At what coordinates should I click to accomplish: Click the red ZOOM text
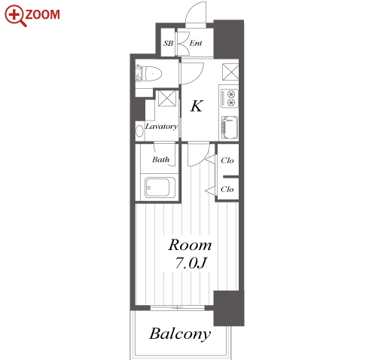(x=42, y=14)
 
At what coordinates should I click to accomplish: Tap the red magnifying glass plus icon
(x=15, y=16)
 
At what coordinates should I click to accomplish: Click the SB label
(x=168, y=44)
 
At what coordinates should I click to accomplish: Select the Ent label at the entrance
(x=196, y=43)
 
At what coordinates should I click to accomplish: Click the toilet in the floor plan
(x=148, y=74)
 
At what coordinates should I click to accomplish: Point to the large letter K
(x=197, y=105)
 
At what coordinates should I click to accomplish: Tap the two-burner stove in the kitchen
(x=230, y=99)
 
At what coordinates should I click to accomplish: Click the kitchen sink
(x=230, y=127)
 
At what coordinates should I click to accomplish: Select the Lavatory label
(x=161, y=127)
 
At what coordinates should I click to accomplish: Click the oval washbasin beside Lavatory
(x=139, y=131)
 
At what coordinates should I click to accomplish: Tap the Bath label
(x=160, y=160)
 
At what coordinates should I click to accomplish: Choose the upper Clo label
(x=227, y=160)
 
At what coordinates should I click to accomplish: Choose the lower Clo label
(x=227, y=189)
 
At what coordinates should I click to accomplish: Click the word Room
(x=190, y=245)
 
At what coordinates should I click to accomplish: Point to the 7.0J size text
(x=191, y=263)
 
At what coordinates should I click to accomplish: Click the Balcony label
(x=180, y=334)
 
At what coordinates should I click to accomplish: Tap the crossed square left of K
(x=167, y=98)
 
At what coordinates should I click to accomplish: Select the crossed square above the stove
(x=230, y=72)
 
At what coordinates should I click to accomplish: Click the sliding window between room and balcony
(x=178, y=308)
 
